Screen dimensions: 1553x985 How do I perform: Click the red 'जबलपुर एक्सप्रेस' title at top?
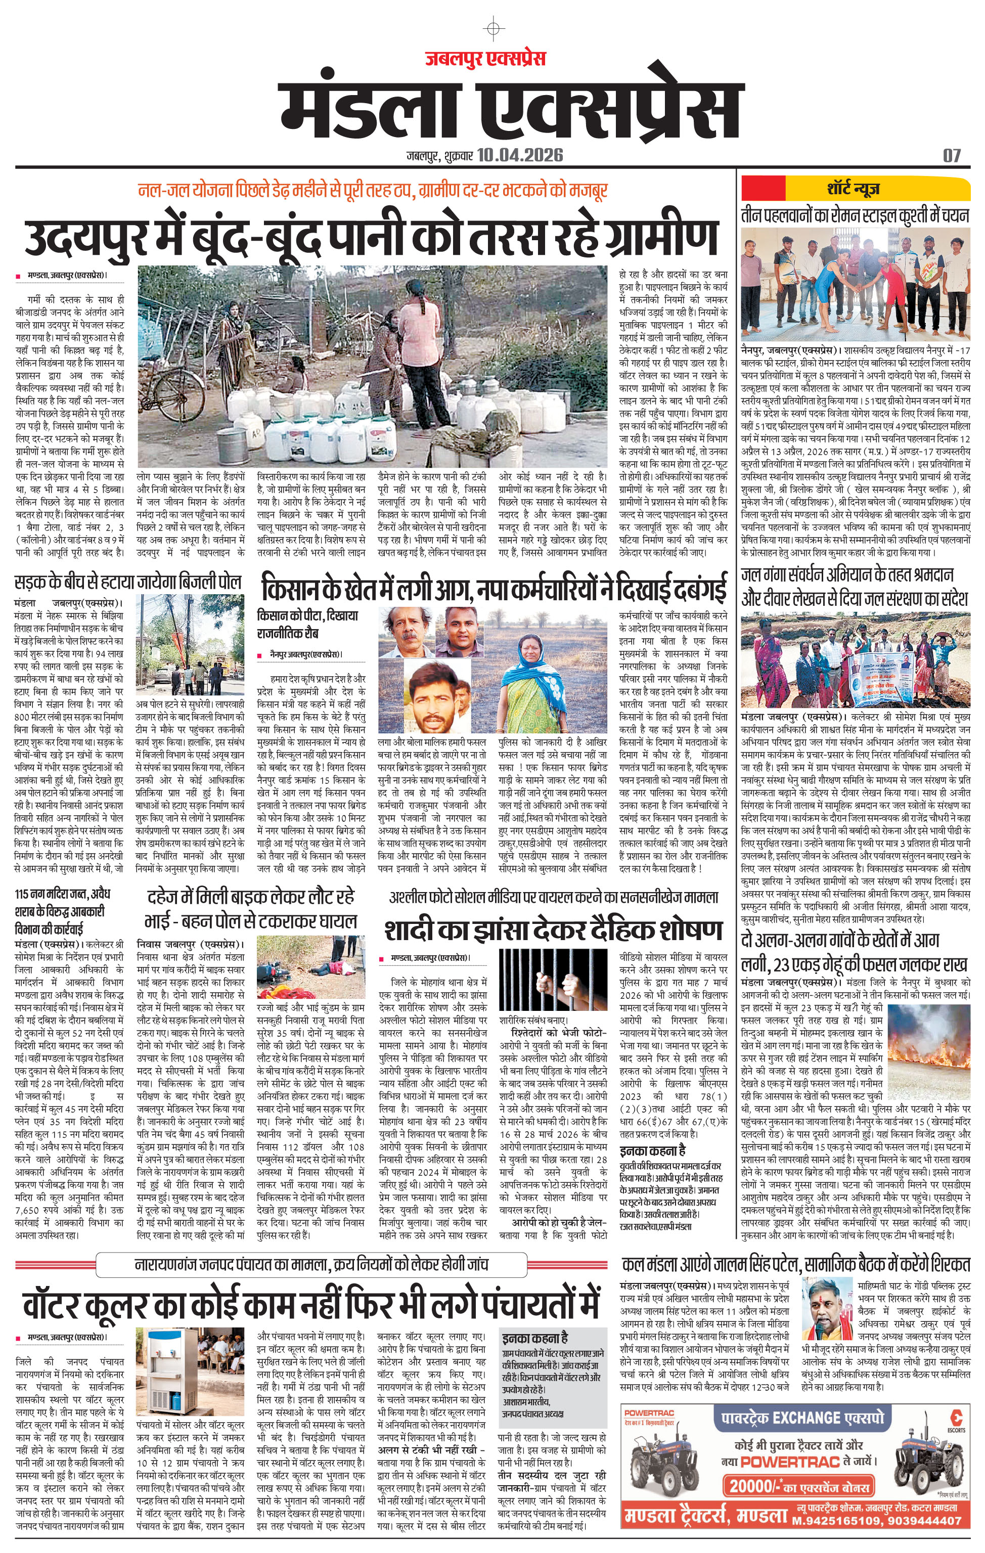pos(485,59)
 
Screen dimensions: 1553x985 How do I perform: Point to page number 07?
pos(952,155)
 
